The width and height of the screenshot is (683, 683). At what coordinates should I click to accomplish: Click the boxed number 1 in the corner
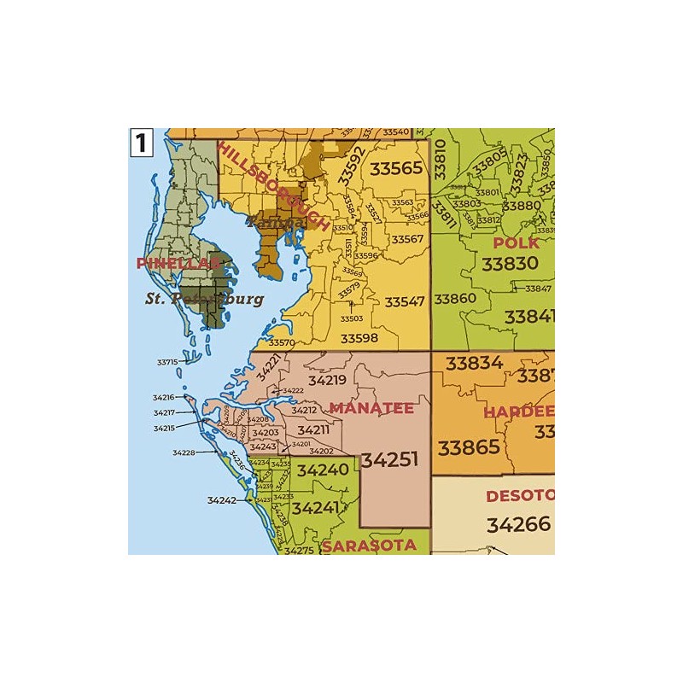click(x=141, y=142)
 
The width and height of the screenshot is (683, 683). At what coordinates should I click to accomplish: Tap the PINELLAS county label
click(x=178, y=264)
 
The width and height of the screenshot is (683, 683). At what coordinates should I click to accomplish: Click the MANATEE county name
click(x=371, y=408)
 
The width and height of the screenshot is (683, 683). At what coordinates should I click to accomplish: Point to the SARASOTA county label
click(x=369, y=545)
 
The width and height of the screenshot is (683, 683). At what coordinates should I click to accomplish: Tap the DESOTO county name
click(x=519, y=496)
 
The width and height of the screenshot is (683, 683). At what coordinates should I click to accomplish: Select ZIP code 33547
click(x=405, y=302)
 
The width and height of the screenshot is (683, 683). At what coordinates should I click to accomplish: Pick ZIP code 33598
click(x=359, y=338)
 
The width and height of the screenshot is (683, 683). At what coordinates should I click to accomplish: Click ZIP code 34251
click(x=389, y=459)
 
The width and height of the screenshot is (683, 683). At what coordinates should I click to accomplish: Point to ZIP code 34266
click(x=519, y=524)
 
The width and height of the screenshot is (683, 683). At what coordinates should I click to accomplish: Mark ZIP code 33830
click(x=510, y=265)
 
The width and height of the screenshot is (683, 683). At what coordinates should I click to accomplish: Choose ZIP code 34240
click(x=323, y=470)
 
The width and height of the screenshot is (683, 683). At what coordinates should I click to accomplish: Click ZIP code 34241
click(x=316, y=507)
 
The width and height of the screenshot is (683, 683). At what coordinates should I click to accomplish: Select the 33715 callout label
click(x=167, y=362)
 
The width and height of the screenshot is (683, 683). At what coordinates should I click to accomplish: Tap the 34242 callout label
click(x=221, y=500)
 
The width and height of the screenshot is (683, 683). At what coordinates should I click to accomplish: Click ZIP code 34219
click(x=327, y=381)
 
